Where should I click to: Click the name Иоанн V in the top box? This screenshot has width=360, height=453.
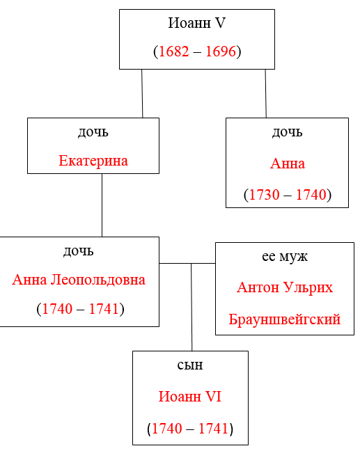tap(196, 23)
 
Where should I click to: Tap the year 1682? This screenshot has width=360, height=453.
tap(174, 51)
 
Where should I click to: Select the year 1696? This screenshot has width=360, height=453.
tap(221, 51)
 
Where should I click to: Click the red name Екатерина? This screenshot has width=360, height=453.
tap(93, 161)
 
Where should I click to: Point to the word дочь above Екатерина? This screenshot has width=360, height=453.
tap(93, 132)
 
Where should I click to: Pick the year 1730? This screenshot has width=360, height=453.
tap(265, 195)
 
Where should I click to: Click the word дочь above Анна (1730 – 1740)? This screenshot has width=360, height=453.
tap(287, 132)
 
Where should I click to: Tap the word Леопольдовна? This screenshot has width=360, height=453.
tap(98, 280)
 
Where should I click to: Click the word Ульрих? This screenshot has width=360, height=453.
tap(308, 288)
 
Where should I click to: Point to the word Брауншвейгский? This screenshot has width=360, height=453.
tap(285, 319)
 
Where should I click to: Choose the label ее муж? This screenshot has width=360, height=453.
tap(285, 257)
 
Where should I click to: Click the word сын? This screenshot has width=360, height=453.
tap(190, 365)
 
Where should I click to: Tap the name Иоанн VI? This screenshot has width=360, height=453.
tap(190, 397)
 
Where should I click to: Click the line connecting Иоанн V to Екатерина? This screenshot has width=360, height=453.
tap(142, 94)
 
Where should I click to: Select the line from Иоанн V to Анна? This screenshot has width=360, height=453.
tap(266, 94)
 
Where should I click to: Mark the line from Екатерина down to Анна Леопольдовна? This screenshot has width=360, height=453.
tap(102, 205)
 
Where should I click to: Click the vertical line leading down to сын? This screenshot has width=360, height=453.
tap(191, 307)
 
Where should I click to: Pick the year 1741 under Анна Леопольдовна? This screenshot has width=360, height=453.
tap(104, 309)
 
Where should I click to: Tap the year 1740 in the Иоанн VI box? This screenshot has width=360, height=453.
tap(167, 429)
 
